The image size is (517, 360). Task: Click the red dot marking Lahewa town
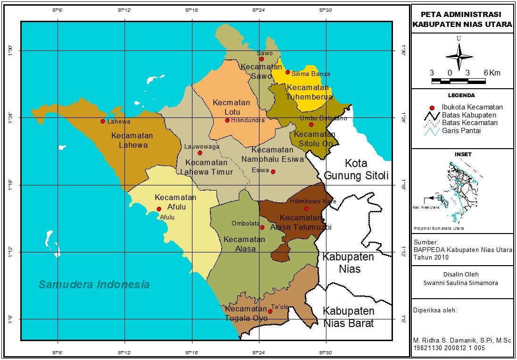coord(102,121)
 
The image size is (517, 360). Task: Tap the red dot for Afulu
coord(159,209)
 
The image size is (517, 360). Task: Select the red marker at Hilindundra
coord(227,120)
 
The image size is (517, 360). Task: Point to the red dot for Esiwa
coord(273,172)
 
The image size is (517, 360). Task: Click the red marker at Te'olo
coord(270,311)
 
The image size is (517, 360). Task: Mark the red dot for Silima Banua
coord(288,72)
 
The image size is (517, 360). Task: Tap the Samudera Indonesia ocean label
coord(94,285)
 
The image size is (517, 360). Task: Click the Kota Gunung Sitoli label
coord(356,170)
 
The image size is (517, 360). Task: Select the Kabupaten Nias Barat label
coord(349,317)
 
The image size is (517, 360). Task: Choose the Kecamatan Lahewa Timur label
coord(207,167)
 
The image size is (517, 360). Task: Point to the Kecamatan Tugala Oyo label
coord(246,314)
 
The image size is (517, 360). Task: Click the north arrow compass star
coord(459,57)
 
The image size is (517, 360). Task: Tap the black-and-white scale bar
coord(459,82)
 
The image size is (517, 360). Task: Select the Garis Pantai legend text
coord(461,131)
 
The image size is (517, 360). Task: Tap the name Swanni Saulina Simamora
coord(461,283)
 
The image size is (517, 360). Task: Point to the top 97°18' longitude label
coord(192,10)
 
